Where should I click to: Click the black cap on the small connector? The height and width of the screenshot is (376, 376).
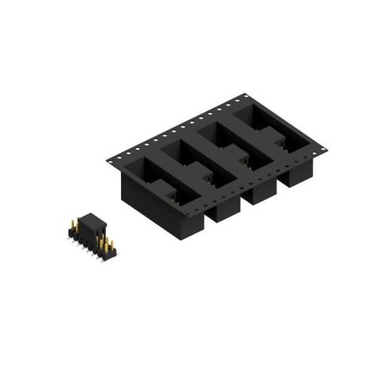pos(91,223)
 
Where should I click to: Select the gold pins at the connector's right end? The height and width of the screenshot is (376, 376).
pos(109,245)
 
